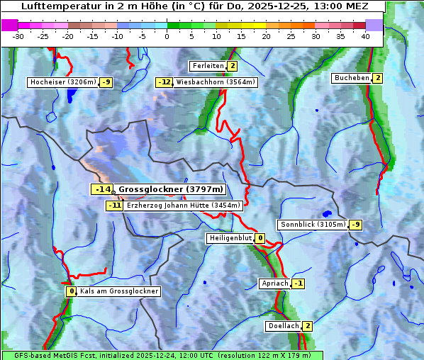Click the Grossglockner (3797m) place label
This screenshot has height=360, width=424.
point(170,189)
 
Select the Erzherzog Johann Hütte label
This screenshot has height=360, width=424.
point(183,206)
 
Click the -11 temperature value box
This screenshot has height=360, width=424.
point(114,206)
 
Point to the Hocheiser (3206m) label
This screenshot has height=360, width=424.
point(62,82)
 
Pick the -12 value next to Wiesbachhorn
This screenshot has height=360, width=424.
point(164,82)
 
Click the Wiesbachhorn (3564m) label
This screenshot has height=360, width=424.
point(216,82)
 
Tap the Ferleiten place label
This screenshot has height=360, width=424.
point(208,66)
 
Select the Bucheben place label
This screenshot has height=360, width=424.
point(352,77)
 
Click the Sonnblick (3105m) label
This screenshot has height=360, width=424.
point(313,225)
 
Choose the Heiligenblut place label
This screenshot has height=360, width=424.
point(230,238)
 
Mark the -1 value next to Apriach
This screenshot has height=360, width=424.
point(299,283)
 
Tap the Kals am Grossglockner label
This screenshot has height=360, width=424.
point(119,291)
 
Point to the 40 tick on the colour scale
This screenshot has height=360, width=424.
point(364,36)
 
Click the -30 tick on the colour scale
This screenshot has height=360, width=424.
point(18,36)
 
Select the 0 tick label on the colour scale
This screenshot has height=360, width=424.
point(167,36)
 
